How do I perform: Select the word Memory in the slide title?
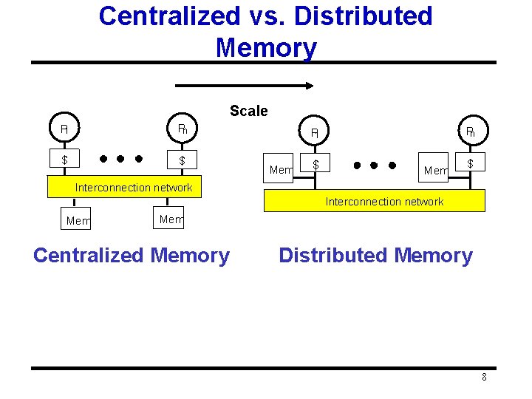tap(266, 47)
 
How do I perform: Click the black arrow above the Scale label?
tap(258, 86)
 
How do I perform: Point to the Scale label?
tap(248, 111)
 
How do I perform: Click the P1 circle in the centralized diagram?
tap(64, 129)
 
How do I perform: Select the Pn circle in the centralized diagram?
tap(183, 129)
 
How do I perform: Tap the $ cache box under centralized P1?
tap(64, 160)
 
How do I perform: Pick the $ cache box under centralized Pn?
tap(183, 160)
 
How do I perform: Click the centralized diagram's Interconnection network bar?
tap(133, 188)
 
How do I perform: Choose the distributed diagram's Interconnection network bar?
tap(384, 201)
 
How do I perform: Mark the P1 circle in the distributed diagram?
tap(315, 133)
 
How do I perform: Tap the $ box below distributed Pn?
tap(470, 163)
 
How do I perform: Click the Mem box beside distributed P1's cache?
tap(281, 170)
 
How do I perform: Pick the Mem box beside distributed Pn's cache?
tap(435, 171)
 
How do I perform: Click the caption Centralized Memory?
tap(132, 256)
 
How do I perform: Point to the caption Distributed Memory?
tap(375, 256)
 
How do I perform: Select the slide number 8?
tap(484, 378)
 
